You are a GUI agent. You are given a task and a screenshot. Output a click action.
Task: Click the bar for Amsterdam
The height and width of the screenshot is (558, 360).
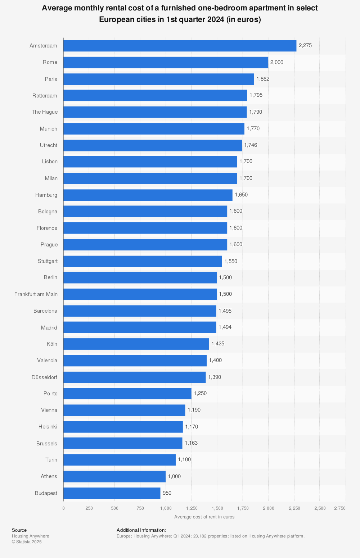(180, 46)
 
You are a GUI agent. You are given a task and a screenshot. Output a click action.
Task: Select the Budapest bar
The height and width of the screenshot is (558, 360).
(112, 493)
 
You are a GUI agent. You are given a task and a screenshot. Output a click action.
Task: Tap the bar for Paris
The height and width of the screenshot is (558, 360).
(158, 79)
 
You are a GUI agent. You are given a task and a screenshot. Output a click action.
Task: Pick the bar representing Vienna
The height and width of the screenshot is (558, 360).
(124, 410)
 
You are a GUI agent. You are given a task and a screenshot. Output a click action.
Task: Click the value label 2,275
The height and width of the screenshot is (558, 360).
(305, 46)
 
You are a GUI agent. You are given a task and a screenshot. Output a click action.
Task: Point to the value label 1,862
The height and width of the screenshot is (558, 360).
(263, 79)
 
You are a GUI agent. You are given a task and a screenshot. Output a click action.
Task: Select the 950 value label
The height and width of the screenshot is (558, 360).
(167, 493)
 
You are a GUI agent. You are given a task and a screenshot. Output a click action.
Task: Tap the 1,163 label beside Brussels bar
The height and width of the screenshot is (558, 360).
(191, 443)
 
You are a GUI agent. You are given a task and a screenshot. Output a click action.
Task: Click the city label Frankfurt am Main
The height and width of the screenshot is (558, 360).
(36, 294)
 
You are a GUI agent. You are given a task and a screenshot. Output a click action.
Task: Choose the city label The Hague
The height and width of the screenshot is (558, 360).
(45, 112)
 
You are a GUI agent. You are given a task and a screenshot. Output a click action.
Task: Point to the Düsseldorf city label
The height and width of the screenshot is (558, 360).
(45, 377)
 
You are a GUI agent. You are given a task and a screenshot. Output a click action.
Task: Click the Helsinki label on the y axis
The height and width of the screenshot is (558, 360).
(48, 427)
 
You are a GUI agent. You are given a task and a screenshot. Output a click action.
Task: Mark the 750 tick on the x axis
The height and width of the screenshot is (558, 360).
(140, 508)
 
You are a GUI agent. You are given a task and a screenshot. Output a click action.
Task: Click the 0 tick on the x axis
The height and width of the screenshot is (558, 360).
(63, 508)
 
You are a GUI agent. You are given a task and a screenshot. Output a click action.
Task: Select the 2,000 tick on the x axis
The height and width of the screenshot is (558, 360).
(268, 508)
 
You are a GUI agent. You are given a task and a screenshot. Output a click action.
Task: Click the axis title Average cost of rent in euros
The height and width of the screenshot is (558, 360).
(204, 517)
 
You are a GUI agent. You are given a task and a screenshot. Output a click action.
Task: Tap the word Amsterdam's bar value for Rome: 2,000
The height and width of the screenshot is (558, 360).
(277, 63)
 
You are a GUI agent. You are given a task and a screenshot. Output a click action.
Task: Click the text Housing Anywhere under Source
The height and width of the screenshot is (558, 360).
(31, 536)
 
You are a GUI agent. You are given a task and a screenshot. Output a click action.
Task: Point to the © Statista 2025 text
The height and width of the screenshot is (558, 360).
(27, 542)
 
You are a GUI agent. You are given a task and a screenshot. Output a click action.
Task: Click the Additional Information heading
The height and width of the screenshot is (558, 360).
(141, 530)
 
